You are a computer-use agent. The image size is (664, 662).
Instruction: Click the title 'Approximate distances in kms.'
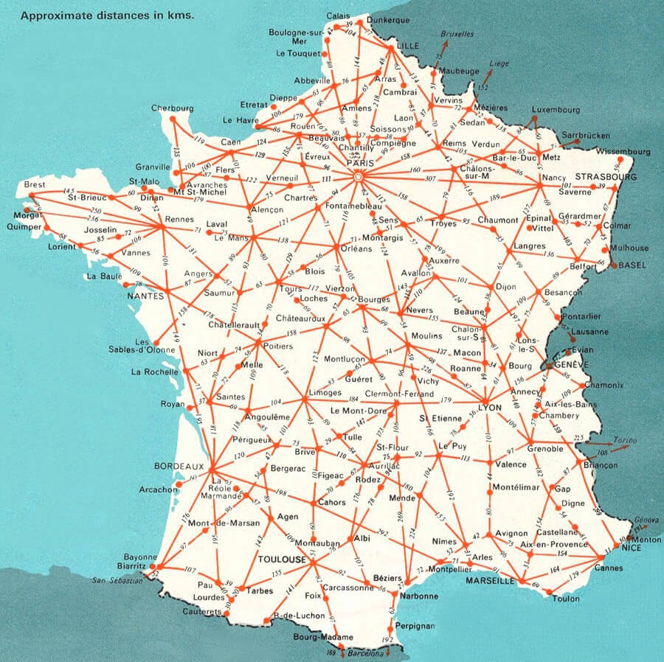108,14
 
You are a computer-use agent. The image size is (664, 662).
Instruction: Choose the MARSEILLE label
490,581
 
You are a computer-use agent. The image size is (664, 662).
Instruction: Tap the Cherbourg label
172,108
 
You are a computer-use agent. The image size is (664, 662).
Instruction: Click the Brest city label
35,184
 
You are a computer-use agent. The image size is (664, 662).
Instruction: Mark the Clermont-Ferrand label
398,393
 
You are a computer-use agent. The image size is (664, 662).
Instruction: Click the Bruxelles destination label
457,33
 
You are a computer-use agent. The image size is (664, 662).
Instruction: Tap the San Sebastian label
117,581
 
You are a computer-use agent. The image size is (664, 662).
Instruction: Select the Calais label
339,16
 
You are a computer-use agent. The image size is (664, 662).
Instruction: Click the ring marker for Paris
359,178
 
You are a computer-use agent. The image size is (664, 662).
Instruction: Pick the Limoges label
325,392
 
